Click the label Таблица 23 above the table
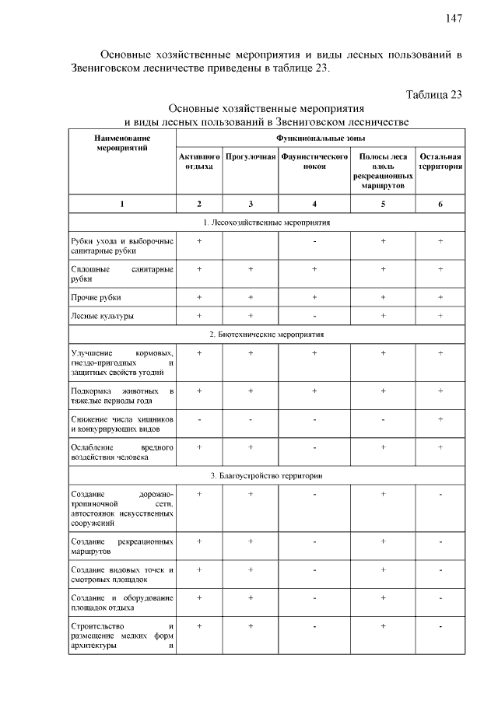pyautogui.click(x=434, y=94)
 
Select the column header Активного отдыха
pyautogui.click(x=199, y=161)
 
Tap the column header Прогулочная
pyautogui.click(x=251, y=156)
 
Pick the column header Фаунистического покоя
pyautogui.click(x=314, y=161)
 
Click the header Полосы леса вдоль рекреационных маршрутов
pyautogui.click(x=384, y=172)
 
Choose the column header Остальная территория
pyautogui.click(x=440, y=161)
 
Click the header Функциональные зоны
pyautogui.click(x=320, y=136)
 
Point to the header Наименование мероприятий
pyautogui.click(x=121, y=142)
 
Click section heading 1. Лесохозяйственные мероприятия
pyautogui.click(x=266, y=222)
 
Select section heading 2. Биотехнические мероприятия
pyautogui.click(x=266, y=334)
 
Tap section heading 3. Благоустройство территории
pyautogui.click(x=266, y=475)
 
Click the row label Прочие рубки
pyautogui.click(x=96, y=297)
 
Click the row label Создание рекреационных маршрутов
pyautogui.click(x=121, y=545)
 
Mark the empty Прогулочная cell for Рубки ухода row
pyautogui.click(x=251, y=247)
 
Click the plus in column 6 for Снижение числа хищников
pyautogui.click(x=440, y=419)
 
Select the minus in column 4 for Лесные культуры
pyautogui.click(x=314, y=316)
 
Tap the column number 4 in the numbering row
pyautogui.click(x=314, y=204)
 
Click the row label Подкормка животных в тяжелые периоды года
pyautogui.click(x=121, y=395)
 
